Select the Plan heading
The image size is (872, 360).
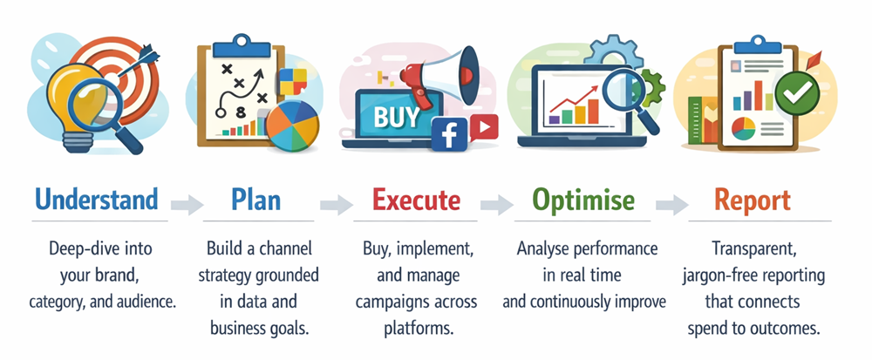click(255, 200)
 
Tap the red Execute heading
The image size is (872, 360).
click(417, 200)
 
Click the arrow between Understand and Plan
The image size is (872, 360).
click(187, 205)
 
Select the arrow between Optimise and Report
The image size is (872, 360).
click(671, 205)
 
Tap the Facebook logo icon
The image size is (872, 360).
click(449, 134)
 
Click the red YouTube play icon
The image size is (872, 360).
click(484, 128)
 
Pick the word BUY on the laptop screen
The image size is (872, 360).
click(398, 117)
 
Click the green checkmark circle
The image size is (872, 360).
click(797, 93)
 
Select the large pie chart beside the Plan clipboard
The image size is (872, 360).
click(292, 126)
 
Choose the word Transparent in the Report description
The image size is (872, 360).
click(754, 249)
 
